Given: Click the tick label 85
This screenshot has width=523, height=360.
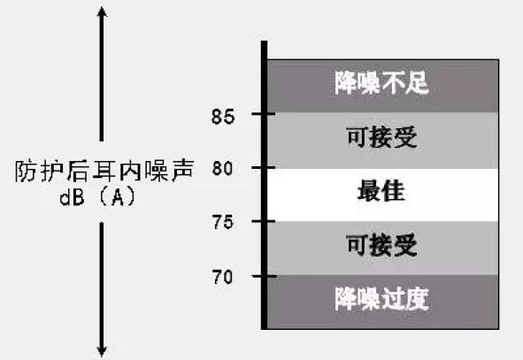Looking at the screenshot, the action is [223, 117].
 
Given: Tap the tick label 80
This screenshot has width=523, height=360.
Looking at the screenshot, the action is [222, 168].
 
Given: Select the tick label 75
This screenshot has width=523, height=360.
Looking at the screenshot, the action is [223, 222].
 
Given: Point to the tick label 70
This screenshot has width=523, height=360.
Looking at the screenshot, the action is [222, 277].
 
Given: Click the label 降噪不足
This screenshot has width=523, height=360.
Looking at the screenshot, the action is [381, 82].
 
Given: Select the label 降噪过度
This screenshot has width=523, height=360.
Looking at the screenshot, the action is [381, 299].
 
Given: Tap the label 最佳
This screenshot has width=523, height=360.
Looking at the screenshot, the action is [381, 191].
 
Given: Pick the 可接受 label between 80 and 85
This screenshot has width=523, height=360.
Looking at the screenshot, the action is [381, 137].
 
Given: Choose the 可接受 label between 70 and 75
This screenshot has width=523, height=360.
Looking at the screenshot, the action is [381, 245].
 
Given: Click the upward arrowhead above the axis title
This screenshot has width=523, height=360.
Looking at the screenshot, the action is [102, 11].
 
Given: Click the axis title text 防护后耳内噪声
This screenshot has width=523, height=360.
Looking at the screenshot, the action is [104, 171].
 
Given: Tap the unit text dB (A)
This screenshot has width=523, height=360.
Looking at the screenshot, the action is [97, 197].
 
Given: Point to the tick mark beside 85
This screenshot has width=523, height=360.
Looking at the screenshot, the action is [264, 114].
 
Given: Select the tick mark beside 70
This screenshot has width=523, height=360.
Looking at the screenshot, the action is [265, 276].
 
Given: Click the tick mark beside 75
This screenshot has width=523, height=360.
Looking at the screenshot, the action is [264, 221].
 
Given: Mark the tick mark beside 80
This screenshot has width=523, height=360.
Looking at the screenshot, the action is [264, 167].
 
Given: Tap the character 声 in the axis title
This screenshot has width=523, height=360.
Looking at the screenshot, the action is [182, 171].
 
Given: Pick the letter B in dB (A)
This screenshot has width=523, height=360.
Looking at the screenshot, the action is [77, 197].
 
